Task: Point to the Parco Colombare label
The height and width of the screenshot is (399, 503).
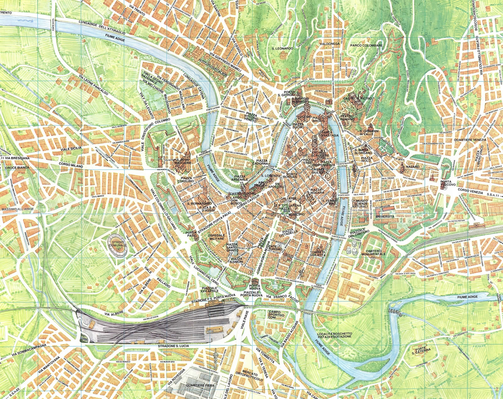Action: click(x=367, y=46)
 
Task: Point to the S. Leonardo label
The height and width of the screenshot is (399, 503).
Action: click(x=282, y=49)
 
